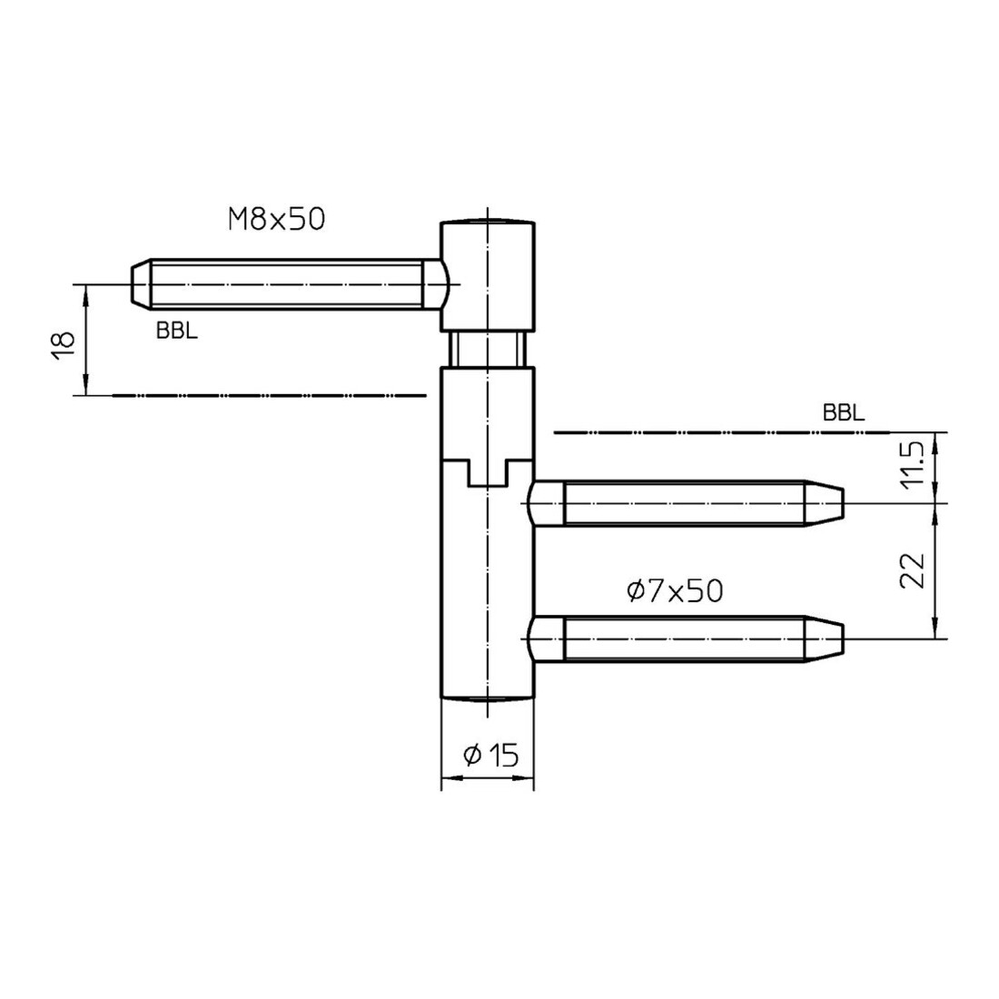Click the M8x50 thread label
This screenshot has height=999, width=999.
coord(276,219)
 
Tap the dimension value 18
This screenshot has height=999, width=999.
coord(64,346)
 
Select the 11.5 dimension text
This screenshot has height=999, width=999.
coord(913,463)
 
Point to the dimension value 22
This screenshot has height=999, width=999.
coord(913,570)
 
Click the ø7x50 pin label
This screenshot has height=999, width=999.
coord(675,590)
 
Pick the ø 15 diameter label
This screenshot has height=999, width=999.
coord(491,756)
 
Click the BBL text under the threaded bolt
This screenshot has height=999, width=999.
coord(176,331)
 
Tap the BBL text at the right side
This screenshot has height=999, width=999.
coord(844,413)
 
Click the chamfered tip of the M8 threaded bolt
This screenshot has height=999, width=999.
coord(141,284)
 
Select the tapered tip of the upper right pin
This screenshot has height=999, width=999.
coord(825,503)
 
